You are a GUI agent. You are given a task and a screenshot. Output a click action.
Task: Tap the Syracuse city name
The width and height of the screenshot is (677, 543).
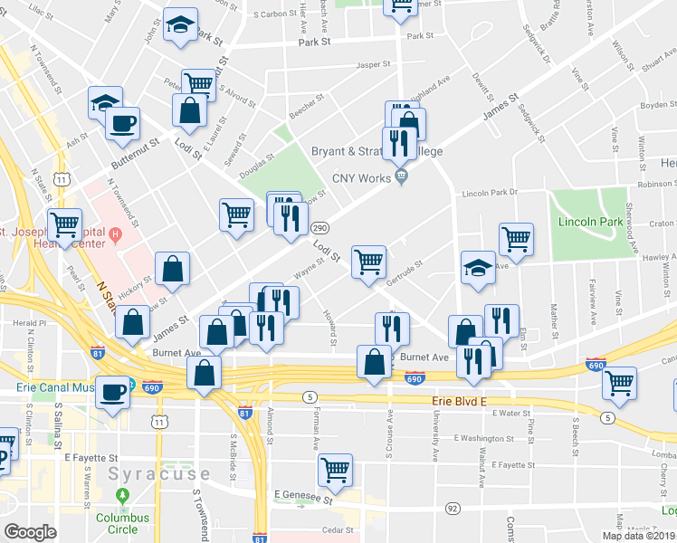pos(158,474)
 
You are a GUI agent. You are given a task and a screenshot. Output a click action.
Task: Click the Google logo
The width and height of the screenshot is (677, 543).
pos(30,532)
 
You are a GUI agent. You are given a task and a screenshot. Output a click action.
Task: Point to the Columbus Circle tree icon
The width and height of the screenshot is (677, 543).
pos(122,497)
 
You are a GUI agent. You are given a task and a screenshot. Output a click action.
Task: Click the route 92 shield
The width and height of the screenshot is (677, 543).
pos(452,510)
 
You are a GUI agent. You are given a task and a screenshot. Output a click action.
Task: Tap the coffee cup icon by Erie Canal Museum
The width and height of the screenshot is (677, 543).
pos(113,392)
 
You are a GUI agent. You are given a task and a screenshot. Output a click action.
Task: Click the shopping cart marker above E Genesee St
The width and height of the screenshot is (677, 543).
pos(335,470)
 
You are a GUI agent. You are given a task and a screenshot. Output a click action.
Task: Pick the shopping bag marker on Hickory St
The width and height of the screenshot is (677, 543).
pos(173,268)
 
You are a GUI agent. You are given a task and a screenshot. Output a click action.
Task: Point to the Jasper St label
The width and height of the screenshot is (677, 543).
pos(373,65)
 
